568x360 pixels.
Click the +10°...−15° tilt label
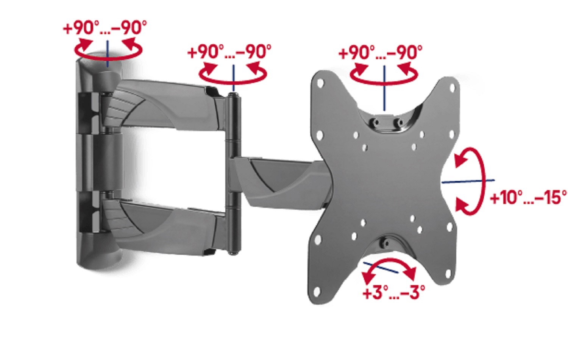pos(529,197)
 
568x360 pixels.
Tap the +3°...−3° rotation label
pos(394,292)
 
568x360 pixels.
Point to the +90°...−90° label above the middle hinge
pos(229,51)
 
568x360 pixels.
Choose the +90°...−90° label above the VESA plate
pos(380,53)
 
